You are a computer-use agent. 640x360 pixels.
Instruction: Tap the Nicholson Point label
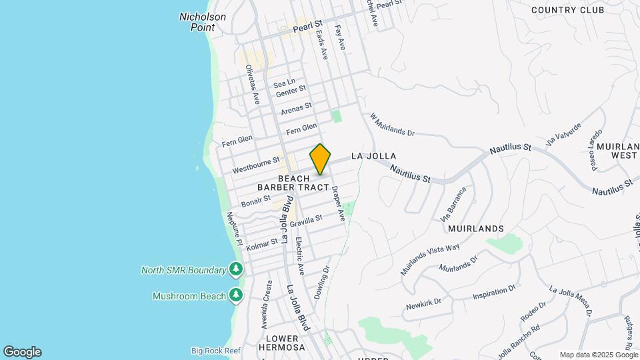click(203, 22)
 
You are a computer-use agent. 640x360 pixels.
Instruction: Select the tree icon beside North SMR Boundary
click(235, 269)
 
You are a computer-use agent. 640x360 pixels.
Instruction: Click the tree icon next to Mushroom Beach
click(235, 295)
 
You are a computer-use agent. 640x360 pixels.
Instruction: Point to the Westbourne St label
click(256, 165)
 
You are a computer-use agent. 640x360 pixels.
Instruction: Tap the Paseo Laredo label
click(595, 150)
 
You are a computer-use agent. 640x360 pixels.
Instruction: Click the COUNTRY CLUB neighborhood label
click(577, 10)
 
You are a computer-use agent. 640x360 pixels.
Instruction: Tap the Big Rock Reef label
click(215, 351)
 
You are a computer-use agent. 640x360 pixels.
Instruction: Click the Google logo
click(21, 352)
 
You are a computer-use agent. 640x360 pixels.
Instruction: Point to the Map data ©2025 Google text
click(598, 355)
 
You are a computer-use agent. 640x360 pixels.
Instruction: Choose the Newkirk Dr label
click(424, 304)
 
